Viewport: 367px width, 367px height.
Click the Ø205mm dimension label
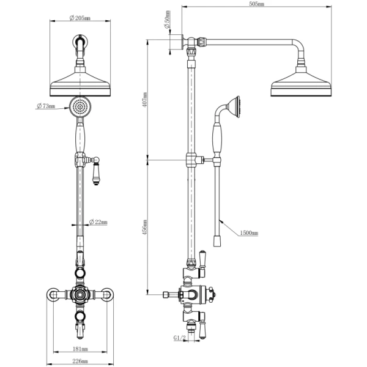click(x=80, y=18)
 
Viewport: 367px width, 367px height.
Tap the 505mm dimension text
click(x=257, y=4)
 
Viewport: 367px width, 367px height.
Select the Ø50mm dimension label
click(x=168, y=19)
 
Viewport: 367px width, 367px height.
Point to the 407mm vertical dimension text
click(x=145, y=100)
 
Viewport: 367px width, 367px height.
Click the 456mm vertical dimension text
click(x=145, y=227)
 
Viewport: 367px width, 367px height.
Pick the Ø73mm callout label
click(x=46, y=106)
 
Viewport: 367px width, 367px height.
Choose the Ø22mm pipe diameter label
click(x=98, y=221)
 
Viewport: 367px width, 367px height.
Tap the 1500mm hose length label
click(x=249, y=233)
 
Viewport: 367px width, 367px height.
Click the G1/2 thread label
click(x=179, y=338)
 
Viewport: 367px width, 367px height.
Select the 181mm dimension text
click(x=80, y=349)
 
